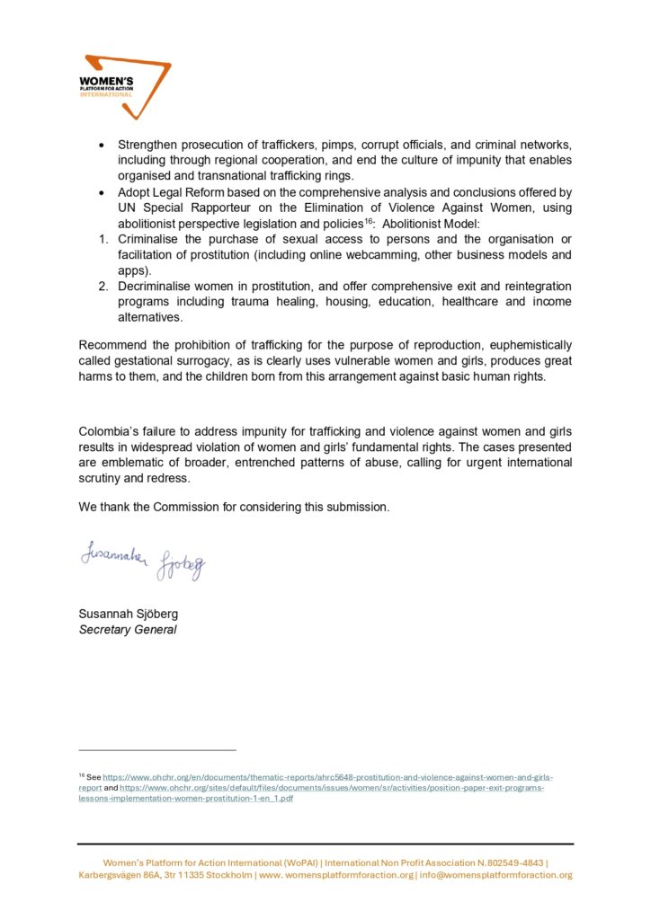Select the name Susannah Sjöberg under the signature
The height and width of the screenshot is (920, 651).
(x=129, y=614)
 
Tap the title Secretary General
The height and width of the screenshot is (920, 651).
(x=128, y=629)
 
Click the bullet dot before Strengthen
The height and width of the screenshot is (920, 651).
(x=102, y=146)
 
